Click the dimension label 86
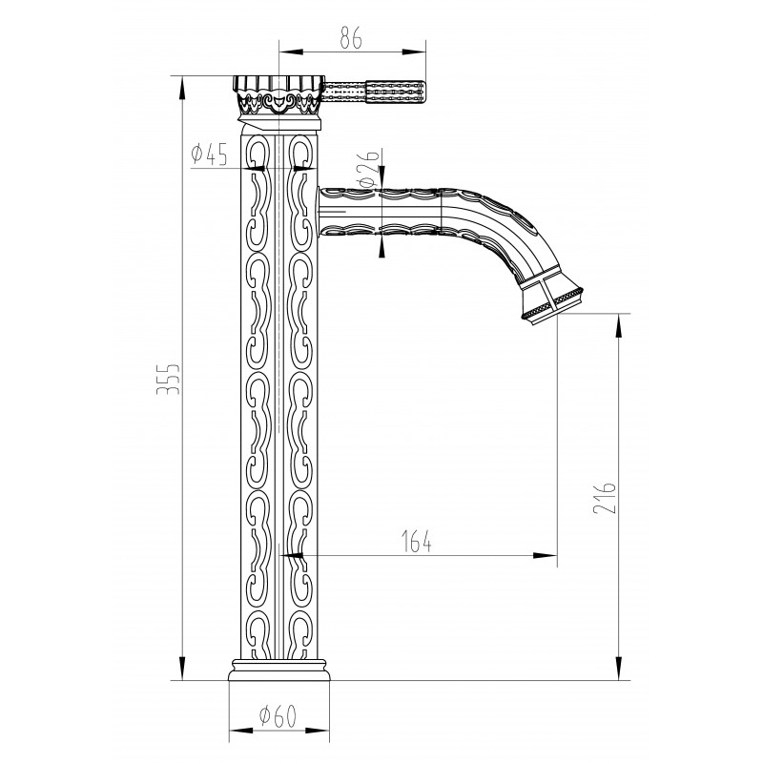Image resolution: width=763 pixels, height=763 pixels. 351,38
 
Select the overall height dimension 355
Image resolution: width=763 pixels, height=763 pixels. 168,378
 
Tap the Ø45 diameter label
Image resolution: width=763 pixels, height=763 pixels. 209,155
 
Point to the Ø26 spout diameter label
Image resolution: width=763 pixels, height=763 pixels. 368,169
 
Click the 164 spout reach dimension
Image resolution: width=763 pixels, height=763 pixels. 417,541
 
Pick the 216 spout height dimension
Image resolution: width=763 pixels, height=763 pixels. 605,498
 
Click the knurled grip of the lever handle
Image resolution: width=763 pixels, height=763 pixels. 396,92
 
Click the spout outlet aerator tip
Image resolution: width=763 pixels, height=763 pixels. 552,302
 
